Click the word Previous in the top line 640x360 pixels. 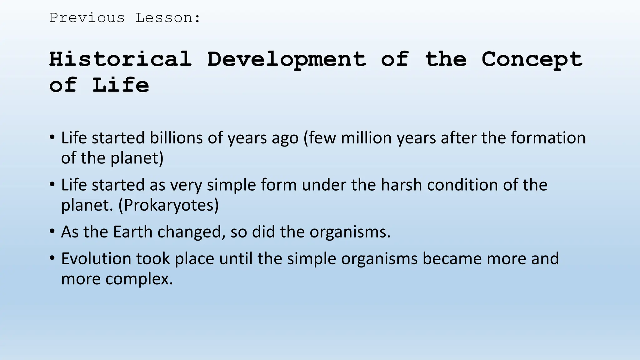point(87,18)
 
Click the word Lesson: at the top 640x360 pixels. point(168,18)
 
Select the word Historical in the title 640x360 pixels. point(121,59)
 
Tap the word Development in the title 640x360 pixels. point(287,60)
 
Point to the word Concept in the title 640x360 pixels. point(532,60)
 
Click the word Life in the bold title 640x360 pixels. point(121,85)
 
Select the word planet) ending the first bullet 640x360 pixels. point(137,158)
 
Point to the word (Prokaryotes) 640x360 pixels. point(168,205)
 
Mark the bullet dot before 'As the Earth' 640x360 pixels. point(52,232)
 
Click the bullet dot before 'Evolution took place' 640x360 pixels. point(52,258)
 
